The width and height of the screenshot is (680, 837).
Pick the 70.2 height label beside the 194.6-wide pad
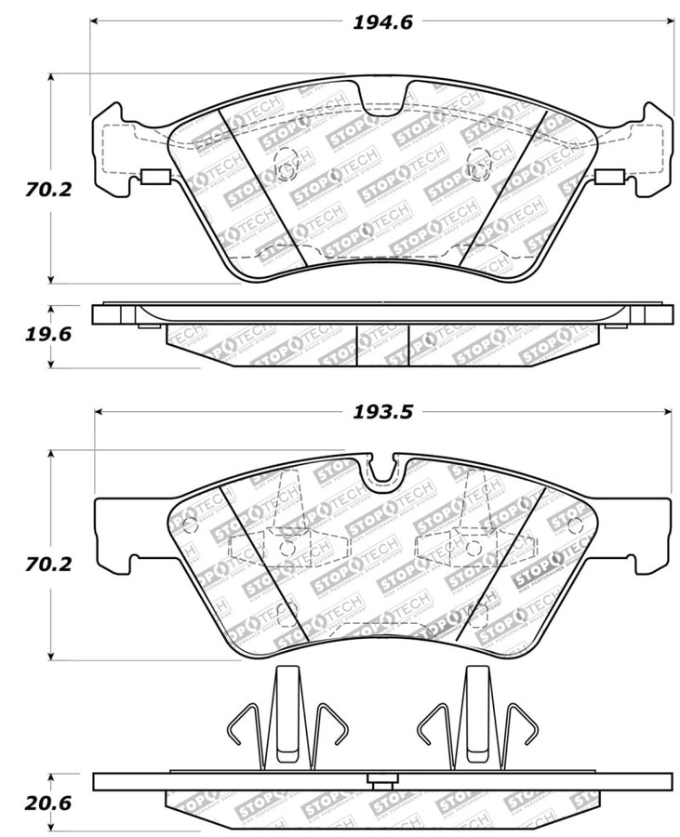(x=40, y=191)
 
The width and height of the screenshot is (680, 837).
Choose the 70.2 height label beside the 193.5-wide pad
(x=40, y=564)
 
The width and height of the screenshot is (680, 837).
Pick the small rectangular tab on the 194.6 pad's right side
(x=608, y=179)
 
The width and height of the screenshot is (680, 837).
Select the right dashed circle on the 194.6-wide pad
(x=478, y=161)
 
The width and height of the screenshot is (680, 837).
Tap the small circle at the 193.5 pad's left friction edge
(x=191, y=525)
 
